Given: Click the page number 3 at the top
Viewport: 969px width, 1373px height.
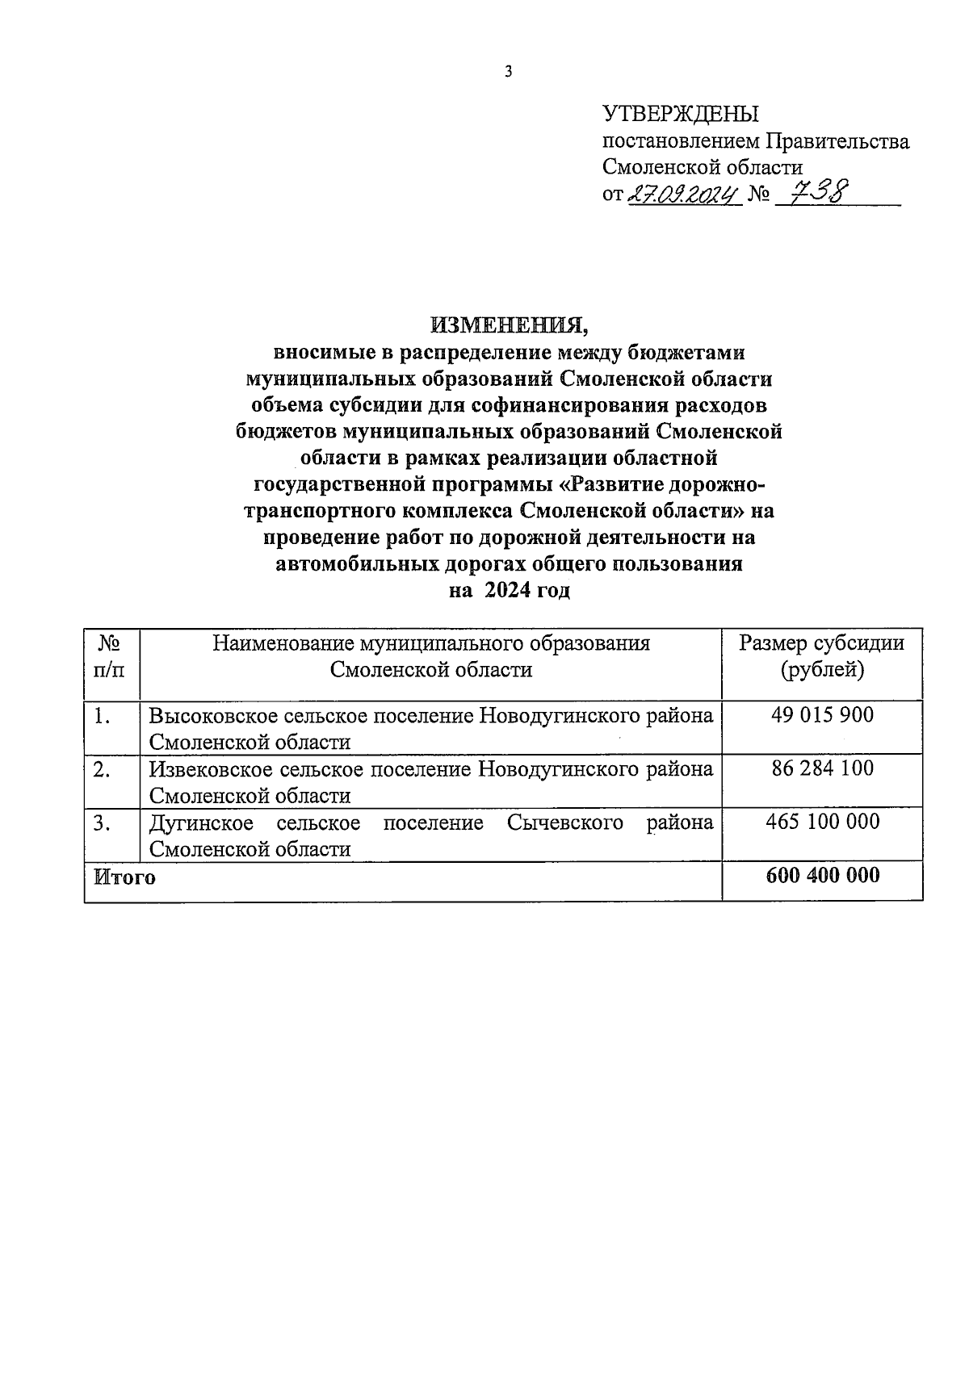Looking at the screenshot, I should click(508, 72).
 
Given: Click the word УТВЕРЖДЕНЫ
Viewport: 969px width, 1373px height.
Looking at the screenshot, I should click(681, 114).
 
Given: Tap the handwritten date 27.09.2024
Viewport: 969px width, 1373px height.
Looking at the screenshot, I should click(684, 195).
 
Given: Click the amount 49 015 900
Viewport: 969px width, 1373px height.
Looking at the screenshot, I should click(822, 714).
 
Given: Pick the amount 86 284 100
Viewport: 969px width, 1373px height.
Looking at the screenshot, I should click(822, 768).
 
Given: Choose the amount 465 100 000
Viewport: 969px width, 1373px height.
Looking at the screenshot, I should click(822, 822).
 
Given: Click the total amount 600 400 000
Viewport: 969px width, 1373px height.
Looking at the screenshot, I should click(822, 875).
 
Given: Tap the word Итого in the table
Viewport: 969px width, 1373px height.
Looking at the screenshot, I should click(124, 877).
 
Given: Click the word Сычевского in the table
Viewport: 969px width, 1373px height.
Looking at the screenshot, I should click(565, 823).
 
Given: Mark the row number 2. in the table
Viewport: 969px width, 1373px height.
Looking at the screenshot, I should click(102, 769).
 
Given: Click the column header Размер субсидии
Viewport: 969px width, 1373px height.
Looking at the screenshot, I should click(822, 643).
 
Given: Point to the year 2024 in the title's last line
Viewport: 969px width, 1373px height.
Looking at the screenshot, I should click(508, 590).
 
